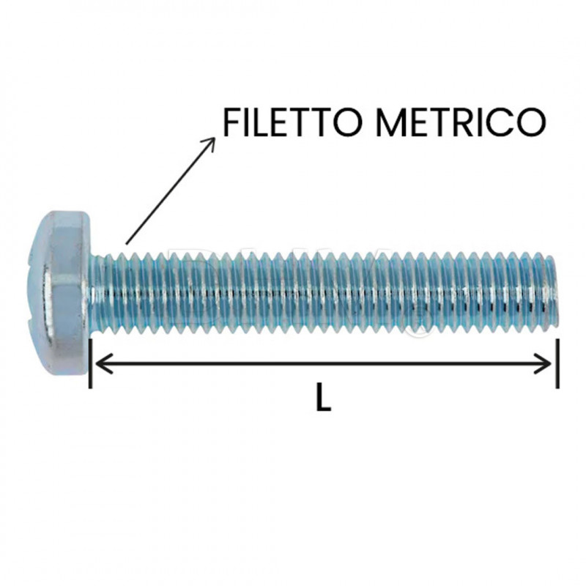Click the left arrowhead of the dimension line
point(101,363)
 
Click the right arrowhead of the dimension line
point(546,363)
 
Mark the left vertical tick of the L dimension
point(90,363)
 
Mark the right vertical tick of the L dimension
point(557,363)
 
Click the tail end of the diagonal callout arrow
point(127,242)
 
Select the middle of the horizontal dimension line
point(323,363)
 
